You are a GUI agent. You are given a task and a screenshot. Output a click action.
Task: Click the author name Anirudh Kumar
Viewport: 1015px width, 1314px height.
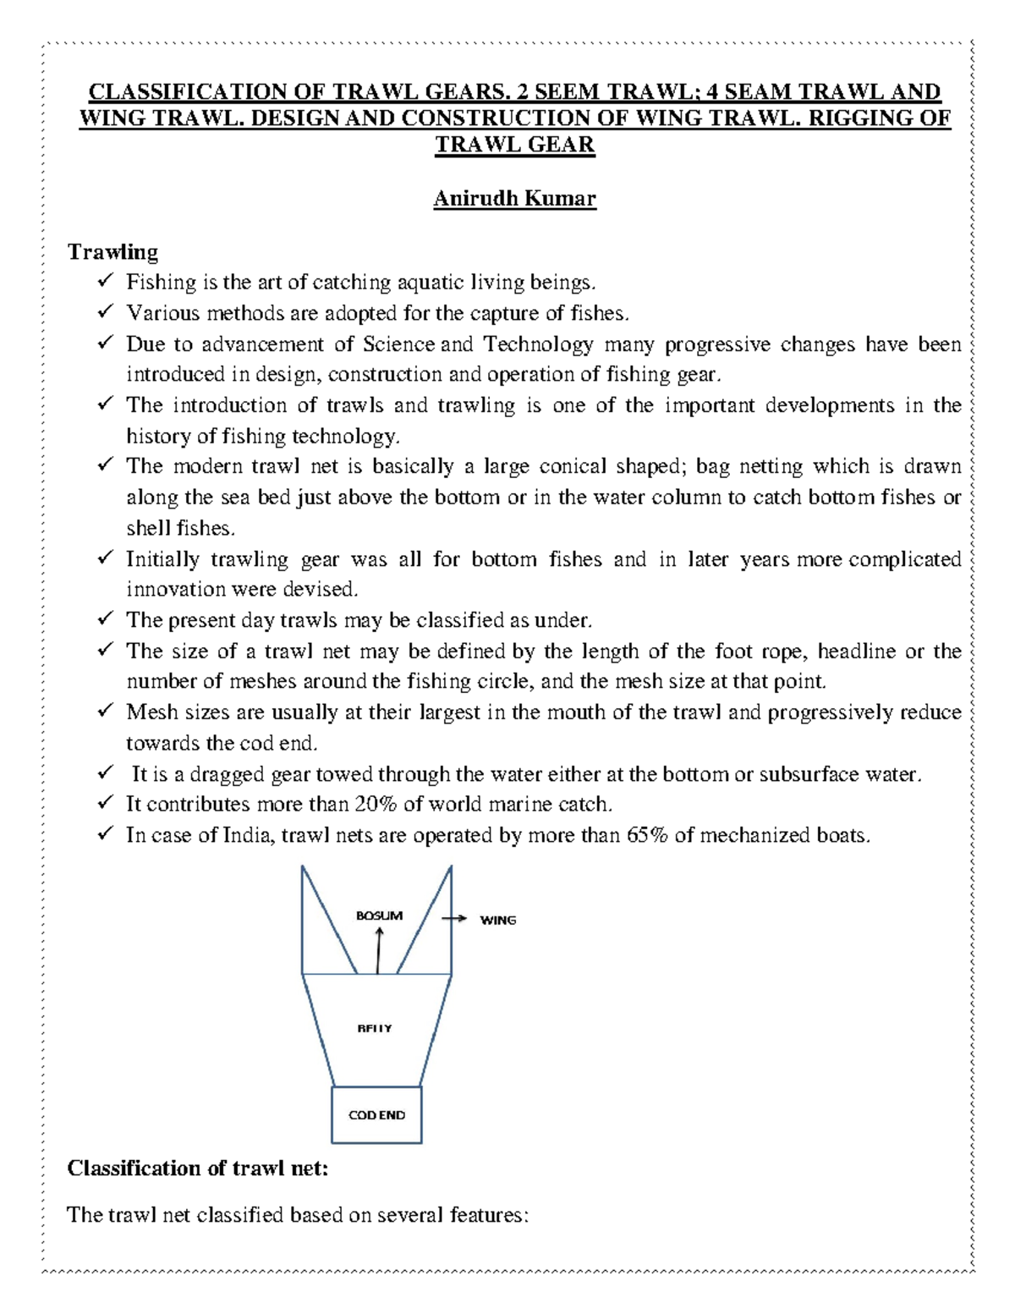coord(514,199)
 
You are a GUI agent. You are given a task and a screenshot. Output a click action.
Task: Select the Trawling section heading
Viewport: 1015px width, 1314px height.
coord(112,252)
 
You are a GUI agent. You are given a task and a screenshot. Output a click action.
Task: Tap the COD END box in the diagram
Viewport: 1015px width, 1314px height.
coord(376,1115)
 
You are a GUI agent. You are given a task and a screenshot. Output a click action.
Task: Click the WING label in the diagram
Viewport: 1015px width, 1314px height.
coord(497,920)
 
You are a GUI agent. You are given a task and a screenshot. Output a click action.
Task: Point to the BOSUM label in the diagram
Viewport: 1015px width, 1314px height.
coord(379,915)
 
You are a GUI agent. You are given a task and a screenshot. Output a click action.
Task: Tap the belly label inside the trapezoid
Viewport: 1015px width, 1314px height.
coord(375,1028)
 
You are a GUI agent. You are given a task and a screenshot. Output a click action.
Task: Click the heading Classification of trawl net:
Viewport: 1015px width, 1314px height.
coord(197,1168)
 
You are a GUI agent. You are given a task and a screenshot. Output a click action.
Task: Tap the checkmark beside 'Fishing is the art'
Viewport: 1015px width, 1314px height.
coord(105,281)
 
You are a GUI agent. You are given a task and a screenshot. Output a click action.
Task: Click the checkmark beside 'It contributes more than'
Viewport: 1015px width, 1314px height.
coord(105,803)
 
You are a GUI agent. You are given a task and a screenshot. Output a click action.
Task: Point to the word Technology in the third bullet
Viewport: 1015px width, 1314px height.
coord(538,344)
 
